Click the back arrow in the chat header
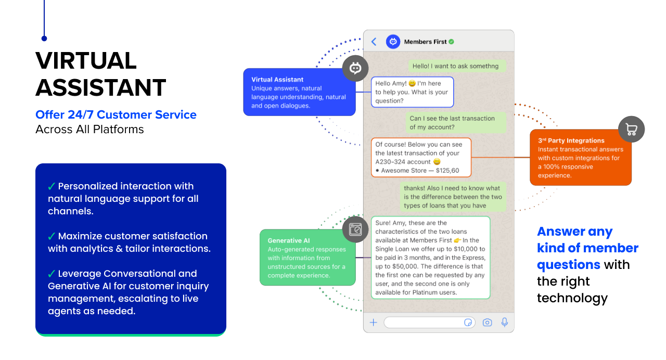[x=374, y=42]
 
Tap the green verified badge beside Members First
[x=452, y=42]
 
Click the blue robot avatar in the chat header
[x=393, y=42]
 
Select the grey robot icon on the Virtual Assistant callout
[x=355, y=68]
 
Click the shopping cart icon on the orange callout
[x=631, y=130]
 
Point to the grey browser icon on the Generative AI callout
[x=355, y=229]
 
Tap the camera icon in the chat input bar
[x=487, y=323]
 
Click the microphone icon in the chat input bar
[x=504, y=323]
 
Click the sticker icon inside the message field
[x=468, y=323]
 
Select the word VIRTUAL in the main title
[x=86, y=61]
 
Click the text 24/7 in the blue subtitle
[x=80, y=114]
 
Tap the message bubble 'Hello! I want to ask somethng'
[x=455, y=66]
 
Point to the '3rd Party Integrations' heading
[x=571, y=140]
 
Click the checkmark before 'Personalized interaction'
[x=52, y=186]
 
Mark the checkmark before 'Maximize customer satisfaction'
[x=52, y=236]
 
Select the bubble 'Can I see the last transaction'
[x=455, y=123]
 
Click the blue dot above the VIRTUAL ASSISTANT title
[x=44, y=38]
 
